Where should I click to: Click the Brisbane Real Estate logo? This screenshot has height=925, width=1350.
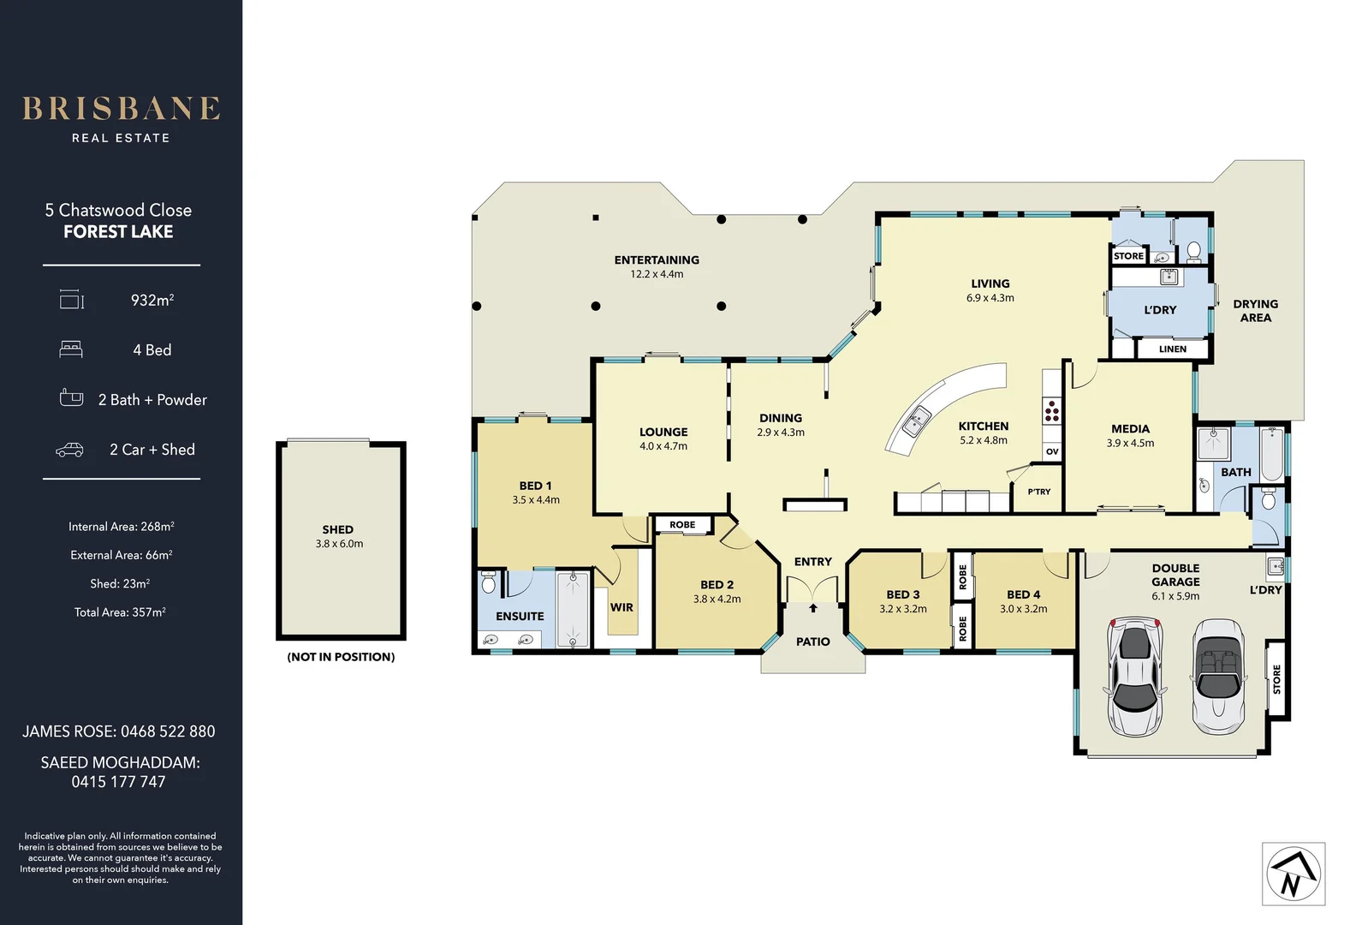pyautogui.click(x=121, y=117)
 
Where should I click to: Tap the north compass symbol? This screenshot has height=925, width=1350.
pyautogui.click(x=1293, y=874)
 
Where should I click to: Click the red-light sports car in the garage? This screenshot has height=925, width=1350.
pyautogui.click(x=1133, y=677)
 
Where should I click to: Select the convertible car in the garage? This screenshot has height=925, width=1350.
pyautogui.click(x=1219, y=677)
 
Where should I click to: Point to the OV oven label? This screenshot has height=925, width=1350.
pyautogui.click(x=1052, y=451)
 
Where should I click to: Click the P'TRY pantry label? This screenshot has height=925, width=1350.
pyautogui.click(x=1038, y=492)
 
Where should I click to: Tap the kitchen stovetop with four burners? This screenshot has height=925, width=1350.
pyautogui.click(x=1051, y=412)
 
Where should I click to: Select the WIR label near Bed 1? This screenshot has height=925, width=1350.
pyautogui.click(x=621, y=607)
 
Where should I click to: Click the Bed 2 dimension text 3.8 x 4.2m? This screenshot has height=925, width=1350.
pyautogui.click(x=717, y=600)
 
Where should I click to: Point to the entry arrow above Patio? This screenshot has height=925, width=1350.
pyautogui.click(x=812, y=608)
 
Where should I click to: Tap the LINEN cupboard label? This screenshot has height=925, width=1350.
pyautogui.click(x=1172, y=349)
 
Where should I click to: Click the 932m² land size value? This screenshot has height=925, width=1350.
pyautogui.click(x=152, y=300)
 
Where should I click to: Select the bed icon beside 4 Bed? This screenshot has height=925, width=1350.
pyautogui.click(x=71, y=349)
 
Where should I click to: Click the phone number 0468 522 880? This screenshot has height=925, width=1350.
pyautogui.click(x=168, y=731)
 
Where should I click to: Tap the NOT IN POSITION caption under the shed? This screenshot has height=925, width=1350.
pyautogui.click(x=341, y=657)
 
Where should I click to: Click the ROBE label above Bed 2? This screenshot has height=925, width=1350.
pyautogui.click(x=682, y=525)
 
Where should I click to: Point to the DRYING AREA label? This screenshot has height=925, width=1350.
pyautogui.click(x=1255, y=311)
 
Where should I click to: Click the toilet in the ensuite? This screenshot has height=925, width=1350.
pyautogui.click(x=489, y=583)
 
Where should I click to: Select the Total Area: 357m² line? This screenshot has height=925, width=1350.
pyautogui.click(x=120, y=612)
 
